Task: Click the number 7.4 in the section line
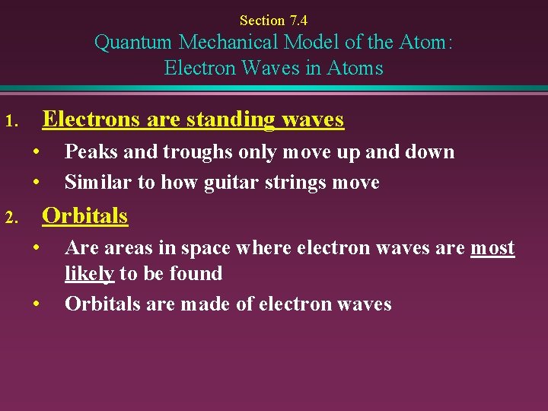(297, 21)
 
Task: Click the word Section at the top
(261, 21)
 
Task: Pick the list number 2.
(10, 218)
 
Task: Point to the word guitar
(232, 183)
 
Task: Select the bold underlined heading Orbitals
(84, 215)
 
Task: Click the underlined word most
(492, 248)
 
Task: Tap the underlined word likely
(90, 274)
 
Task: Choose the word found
(196, 274)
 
